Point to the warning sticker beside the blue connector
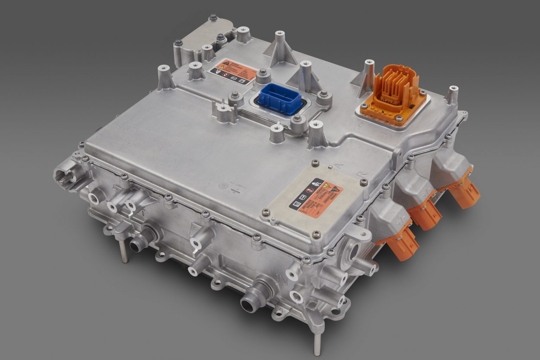click(230, 72)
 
